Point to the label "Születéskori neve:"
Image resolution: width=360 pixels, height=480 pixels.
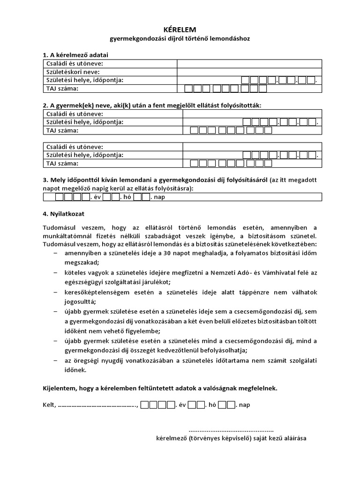(x=73, y=72)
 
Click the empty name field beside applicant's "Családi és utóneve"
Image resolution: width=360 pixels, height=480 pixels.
(x=249, y=64)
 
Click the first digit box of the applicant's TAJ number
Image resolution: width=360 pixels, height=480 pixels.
(x=188, y=88)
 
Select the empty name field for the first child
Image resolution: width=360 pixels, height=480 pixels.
(x=252, y=113)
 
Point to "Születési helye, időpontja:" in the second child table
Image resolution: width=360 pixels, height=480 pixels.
(x=84, y=155)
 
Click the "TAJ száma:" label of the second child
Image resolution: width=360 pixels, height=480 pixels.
(x=62, y=164)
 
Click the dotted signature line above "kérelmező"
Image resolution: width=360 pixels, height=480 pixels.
(x=231, y=430)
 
